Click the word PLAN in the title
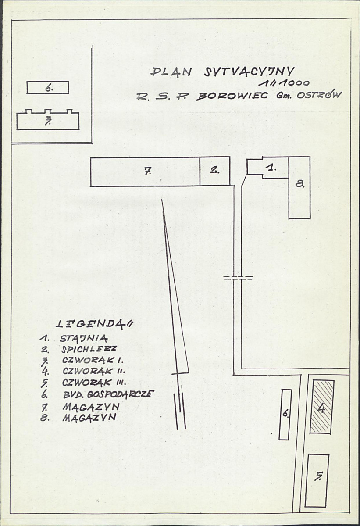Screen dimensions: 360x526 [x=171, y=72]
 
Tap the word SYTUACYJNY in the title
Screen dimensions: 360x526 [x=250, y=72]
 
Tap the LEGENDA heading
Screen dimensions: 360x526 [x=94, y=324]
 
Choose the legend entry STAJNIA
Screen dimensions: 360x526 [x=84, y=339]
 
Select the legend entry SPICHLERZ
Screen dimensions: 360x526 [x=89, y=349]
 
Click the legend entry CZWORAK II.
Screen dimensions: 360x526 [x=93, y=371]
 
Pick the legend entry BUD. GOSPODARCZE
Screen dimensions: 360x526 [x=108, y=394]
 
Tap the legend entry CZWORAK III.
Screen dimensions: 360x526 [x=94, y=383]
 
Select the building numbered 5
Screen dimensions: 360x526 [x=317, y=480]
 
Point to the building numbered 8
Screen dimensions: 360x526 [x=299, y=187]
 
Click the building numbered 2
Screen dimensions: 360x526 [x=215, y=171]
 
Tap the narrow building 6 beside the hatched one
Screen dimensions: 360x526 [x=285, y=414]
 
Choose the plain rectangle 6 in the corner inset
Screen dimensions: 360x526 [x=48, y=88]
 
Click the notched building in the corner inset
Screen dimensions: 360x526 [x=48, y=120]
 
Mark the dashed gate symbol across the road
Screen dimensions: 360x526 [x=238, y=277]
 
